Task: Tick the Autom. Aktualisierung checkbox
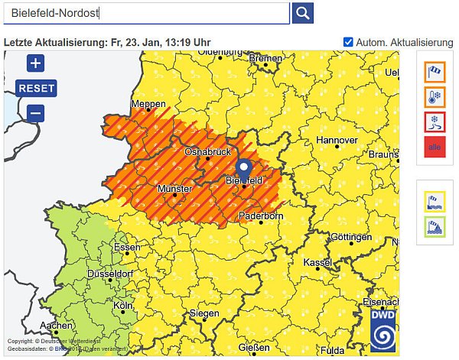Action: tap(349, 41)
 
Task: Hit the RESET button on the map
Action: tap(36, 88)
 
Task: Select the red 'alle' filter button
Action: tap(435, 147)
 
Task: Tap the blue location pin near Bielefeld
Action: tap(244, 168)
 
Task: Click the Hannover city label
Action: tap(337, 141)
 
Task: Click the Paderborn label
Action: tap(261, 216)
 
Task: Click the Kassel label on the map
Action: tap(318, 262)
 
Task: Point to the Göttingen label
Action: tap(351, 237)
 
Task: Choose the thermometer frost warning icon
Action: tap(435, 97)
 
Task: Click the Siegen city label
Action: tap(204, 313)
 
